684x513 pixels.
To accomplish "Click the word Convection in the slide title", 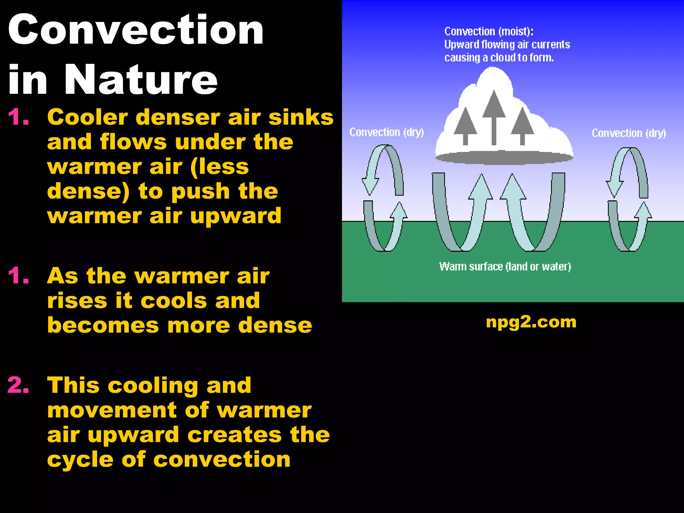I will [x=136, y=30].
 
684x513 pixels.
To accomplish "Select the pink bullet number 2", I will [x=18, y=385].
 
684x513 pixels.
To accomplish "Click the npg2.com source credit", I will [x=531, y=322].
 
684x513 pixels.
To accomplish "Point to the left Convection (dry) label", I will [x=386, y=132].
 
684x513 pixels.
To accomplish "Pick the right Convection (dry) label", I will [x=629, y=133].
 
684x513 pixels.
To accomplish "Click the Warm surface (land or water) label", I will [x=505, y=267].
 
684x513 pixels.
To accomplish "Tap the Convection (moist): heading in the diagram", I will [x=489, y=31].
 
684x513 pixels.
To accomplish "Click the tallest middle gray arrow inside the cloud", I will [x=494, y=117].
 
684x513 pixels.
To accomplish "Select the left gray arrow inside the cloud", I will [x=465, y=126].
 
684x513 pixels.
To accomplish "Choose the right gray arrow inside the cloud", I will [x=522, y=126].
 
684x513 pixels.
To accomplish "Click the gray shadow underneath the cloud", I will [x=504, y=158].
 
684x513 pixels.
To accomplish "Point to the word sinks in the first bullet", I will [x=301, y=117].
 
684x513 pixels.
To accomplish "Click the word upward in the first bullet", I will [x=235, y=216].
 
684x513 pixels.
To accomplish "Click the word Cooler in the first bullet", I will [x=88, y=117].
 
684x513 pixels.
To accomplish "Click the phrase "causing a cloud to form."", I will [x=499, y=58].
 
